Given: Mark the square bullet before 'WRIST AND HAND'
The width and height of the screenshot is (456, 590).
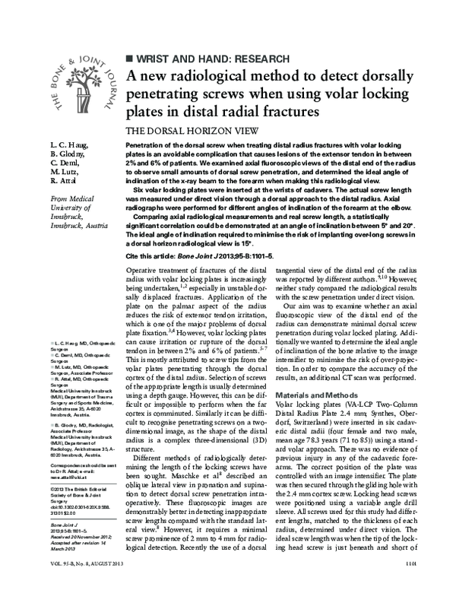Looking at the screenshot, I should point(127,59).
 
